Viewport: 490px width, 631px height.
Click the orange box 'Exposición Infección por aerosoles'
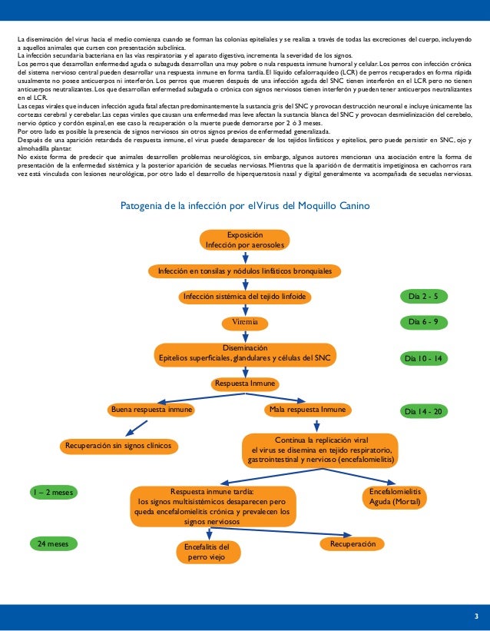[x=244, y=240]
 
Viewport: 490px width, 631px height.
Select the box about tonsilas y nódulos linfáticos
[x=245, y=271]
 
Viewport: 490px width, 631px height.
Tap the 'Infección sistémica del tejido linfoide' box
[x=245, y=297]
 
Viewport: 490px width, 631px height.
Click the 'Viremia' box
[x=245, y=321]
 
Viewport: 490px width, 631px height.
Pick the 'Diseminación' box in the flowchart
[x=245, y=353]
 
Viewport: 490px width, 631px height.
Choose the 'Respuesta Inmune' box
[x=245, y=384]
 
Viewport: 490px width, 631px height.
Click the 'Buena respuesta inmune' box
[x=151, y=410]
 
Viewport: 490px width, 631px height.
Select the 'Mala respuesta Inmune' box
[x=307, y=410]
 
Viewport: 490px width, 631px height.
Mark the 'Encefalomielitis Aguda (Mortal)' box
[x=395, y=496]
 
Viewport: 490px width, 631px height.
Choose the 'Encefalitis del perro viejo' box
[x=207, y=552]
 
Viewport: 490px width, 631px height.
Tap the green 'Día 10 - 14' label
[x=424, y=358]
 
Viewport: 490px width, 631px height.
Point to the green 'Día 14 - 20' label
[x=424, y=411]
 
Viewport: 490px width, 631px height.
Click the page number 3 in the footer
[x=476, y=617]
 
